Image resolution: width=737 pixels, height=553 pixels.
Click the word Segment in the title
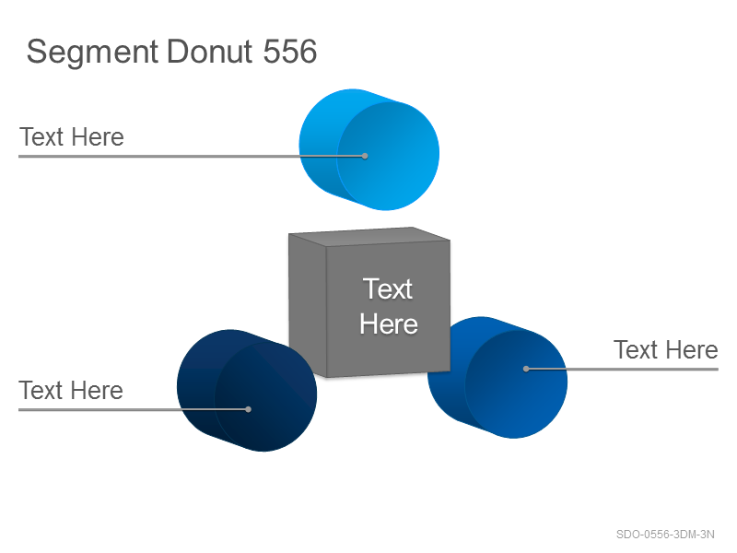pos(93,53)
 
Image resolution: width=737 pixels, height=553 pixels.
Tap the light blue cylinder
pos(369,149)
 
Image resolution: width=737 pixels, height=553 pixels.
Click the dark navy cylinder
pos(247,391)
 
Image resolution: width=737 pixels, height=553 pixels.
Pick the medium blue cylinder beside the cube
pos(497,378)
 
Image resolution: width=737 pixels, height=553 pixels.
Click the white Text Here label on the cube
pos(388,306)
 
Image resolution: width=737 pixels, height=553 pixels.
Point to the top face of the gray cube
pos(369,237)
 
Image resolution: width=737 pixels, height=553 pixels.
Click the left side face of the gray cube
pos(308,305)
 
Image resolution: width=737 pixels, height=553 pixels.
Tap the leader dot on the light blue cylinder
pos(365,156)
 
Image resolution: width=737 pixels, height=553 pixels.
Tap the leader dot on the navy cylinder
pos(248,409)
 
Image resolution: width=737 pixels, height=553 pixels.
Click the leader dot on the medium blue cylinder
pos(526,370)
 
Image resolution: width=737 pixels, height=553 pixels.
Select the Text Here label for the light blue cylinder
pos(72,136)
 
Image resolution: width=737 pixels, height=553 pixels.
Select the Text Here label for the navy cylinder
pos(71,390)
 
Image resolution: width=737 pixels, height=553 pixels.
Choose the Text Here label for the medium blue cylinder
pos(666,350)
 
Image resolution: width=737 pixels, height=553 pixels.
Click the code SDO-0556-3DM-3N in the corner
pos(665,535)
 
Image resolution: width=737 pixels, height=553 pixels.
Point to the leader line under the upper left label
pos(192,156)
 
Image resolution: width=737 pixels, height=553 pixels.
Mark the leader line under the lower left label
pos(134,409)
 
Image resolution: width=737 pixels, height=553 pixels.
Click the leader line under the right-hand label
pos(623,370)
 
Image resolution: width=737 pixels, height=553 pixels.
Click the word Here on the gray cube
pos(389,324)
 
